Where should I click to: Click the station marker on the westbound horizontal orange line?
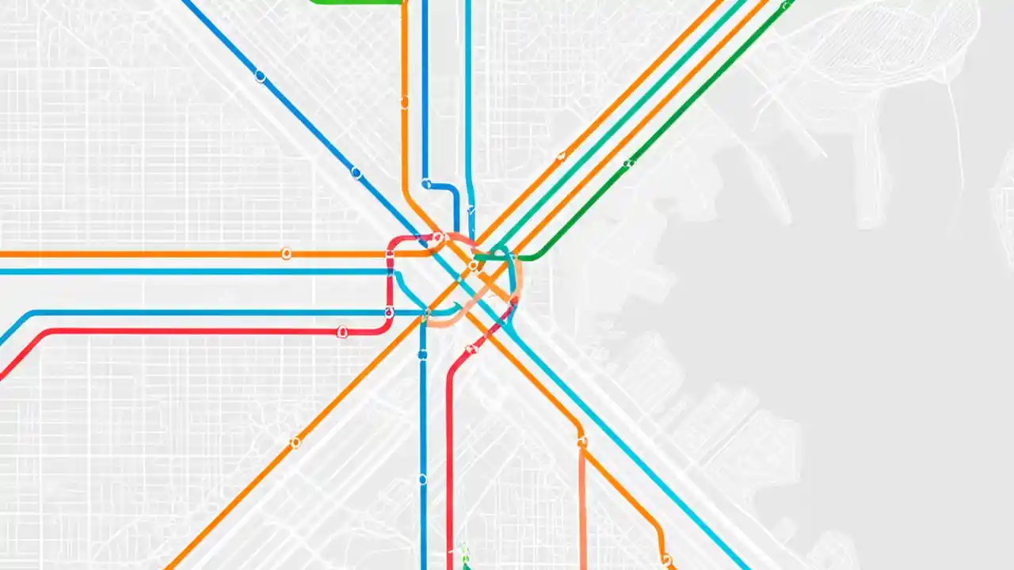click(x=286, y=253)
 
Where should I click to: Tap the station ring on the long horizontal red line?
click(x=342, y=332)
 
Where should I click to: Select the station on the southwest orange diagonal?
click(x=295, y=443)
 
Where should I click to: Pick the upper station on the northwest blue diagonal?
click(x=260, y=77)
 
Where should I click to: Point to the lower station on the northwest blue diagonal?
click(x=356, y=173)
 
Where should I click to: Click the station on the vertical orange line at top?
click(x=404, y=103)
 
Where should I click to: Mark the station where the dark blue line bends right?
click(x=427, y=184)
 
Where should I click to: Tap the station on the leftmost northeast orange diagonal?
click(x=561, y=157)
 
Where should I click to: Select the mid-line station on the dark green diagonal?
click(x=627, y=164)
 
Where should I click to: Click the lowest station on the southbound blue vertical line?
click(x=422, y=479)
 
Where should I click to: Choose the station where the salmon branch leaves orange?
click(x=582, y=442)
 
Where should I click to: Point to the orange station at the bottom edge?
click(x=666, y=559)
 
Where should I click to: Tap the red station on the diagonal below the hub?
click(x=472, y=348)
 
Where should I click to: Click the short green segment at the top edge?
click(x=356, y=2)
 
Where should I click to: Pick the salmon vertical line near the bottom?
click(x=582, y=507)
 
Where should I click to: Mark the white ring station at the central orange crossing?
click(x=473, y=265)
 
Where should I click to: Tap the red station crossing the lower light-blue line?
click(x=389, y=313)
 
